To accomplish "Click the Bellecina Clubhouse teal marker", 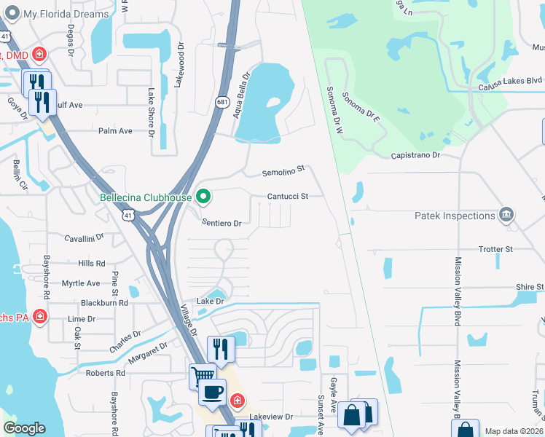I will (204, 197).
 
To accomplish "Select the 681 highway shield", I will (221, 103).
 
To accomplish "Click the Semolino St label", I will (283, 173).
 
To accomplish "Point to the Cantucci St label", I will (288, 196).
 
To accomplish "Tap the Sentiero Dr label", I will (221, 222).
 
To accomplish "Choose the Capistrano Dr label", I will (415, 155).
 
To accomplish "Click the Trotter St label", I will (496, 249).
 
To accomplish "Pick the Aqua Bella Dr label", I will (241, 95).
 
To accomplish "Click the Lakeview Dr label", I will (271, 417).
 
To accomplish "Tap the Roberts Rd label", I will (106, 372).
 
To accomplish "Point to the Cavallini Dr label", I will (84, 237).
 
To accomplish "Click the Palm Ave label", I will (116, 131).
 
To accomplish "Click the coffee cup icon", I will (212, 392).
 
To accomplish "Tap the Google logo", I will (24, 428).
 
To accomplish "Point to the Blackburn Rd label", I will (104, 302).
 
